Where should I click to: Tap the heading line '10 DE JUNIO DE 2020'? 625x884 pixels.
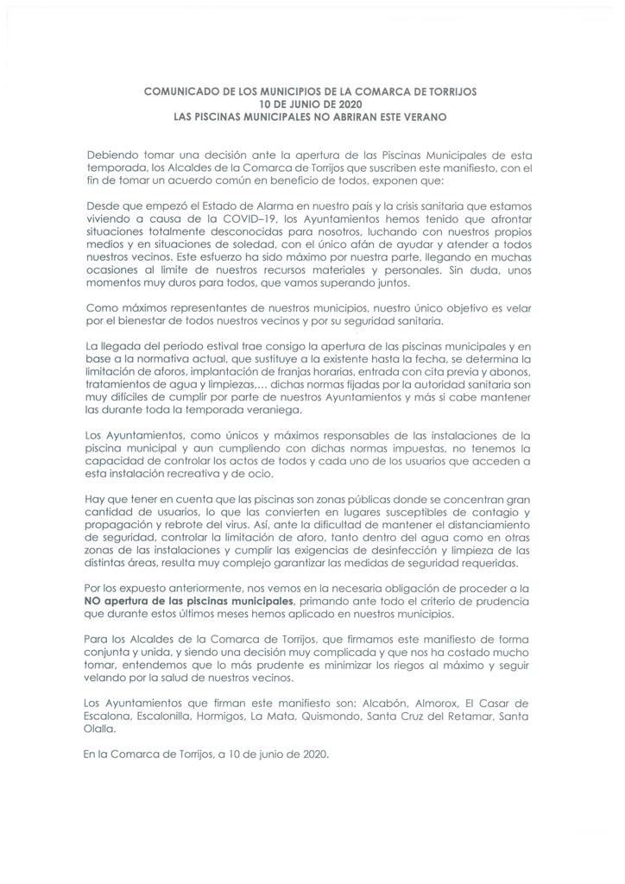click(x=312, y=103)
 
